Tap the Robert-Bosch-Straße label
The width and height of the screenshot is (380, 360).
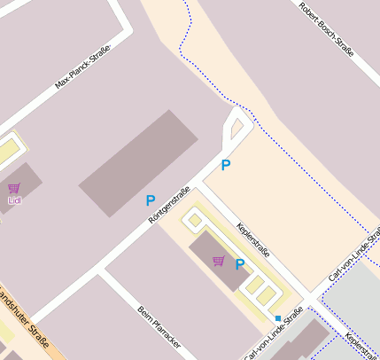click(x=327, y=29)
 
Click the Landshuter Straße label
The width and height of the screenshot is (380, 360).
click(x=25, y=317)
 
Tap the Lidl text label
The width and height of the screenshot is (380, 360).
click(x=14, y=200)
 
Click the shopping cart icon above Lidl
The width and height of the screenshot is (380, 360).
click(x=14, y=188)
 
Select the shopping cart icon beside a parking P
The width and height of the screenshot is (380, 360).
click(x=218, y=261)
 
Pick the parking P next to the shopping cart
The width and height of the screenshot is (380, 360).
click(x=239, y=264)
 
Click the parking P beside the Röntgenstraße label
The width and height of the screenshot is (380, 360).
click(x=151, y=201)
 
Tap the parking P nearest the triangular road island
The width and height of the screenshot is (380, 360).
click(x=226, y=165)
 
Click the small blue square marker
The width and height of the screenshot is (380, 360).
click(x=277, y=317)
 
